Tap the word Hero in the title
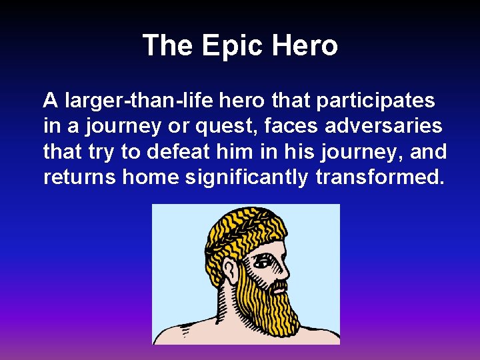pos(304,46)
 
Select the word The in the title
pos(167,46)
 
